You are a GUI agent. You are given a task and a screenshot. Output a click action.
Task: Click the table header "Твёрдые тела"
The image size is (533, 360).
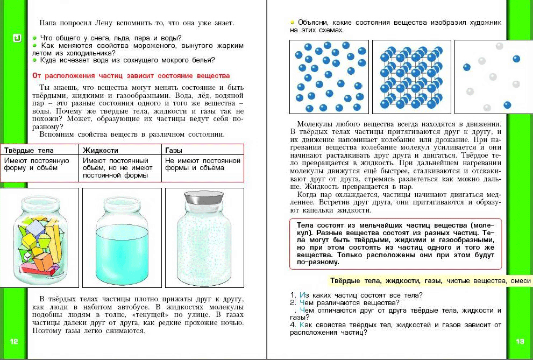(25, 150)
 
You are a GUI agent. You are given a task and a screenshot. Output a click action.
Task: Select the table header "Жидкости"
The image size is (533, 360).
(101, 150)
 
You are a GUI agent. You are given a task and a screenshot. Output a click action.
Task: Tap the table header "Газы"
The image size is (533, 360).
(174, 150)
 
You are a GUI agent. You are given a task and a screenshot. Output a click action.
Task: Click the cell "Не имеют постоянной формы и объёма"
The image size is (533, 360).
(202, 164)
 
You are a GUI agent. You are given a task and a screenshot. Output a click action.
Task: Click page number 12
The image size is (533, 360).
(14, 341)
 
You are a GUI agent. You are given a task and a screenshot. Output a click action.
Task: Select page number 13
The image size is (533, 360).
(520, 341)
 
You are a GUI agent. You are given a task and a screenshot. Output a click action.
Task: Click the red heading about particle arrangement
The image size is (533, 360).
(131, 76)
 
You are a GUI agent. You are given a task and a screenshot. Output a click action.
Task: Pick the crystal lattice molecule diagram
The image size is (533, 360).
(411, 77)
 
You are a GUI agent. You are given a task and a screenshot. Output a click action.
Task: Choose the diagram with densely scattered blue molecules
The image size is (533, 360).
(329, 77)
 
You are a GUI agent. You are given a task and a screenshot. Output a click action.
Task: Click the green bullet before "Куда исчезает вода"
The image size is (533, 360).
(34, 60)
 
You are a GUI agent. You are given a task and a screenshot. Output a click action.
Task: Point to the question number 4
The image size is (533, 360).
(293, 325)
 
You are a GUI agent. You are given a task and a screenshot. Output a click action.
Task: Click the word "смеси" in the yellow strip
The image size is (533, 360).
(520, 280)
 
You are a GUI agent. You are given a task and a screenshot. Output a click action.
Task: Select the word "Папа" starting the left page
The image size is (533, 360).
(48, 23)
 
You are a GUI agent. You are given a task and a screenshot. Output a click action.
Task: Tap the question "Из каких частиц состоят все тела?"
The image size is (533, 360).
(360, 294)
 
